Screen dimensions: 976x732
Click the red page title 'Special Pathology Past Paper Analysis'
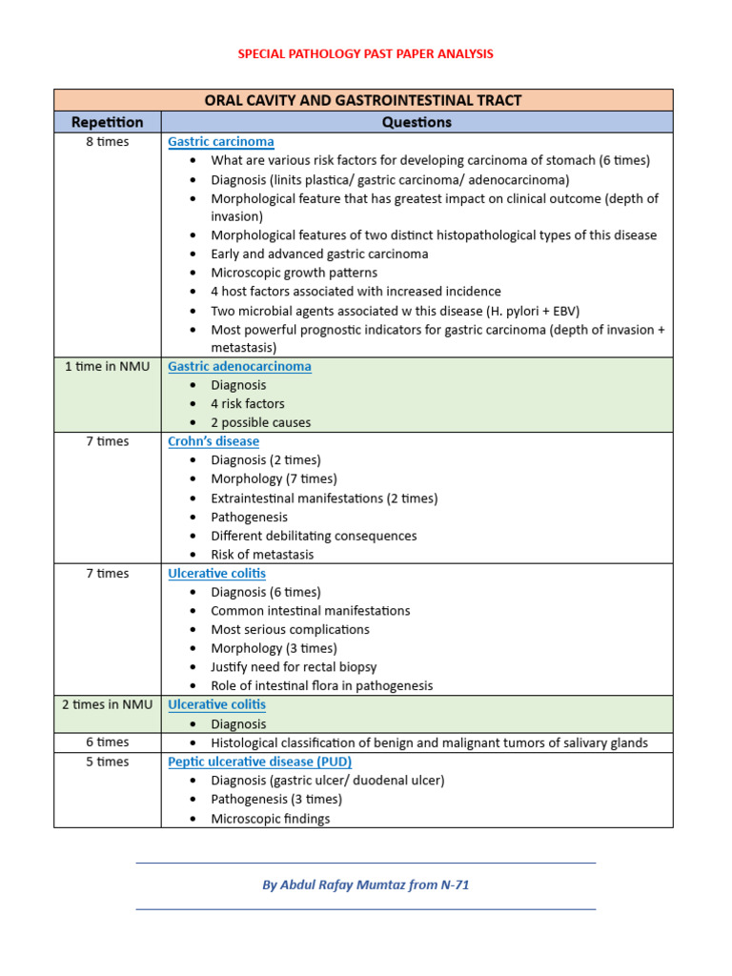(365, 54)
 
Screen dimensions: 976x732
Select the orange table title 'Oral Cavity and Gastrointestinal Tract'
(363, 100)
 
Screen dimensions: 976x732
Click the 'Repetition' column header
(107, 122)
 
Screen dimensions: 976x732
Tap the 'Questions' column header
(417, 122)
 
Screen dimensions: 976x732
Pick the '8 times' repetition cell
(107, 142)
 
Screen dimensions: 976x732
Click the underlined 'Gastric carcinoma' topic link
(220, 142)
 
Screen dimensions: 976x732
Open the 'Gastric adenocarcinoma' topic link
(239, 366)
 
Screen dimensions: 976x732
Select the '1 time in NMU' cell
(107, 366)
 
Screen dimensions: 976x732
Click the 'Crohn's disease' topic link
(213, 441)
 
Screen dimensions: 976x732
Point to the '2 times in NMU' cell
(107, 704)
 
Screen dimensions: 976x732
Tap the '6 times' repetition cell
(107, 742)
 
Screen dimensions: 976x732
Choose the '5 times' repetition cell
(107, 762)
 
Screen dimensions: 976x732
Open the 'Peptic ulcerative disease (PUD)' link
(259, 762)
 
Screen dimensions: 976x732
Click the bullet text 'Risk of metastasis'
(262, 555)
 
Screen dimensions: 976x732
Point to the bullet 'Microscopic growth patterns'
(294, 273)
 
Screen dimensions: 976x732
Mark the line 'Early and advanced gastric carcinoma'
(319, 254)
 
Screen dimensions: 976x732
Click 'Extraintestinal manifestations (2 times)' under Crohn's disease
(324, 498)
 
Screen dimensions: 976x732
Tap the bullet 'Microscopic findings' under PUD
(270, 819)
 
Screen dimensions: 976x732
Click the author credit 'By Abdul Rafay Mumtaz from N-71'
(365, 884)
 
